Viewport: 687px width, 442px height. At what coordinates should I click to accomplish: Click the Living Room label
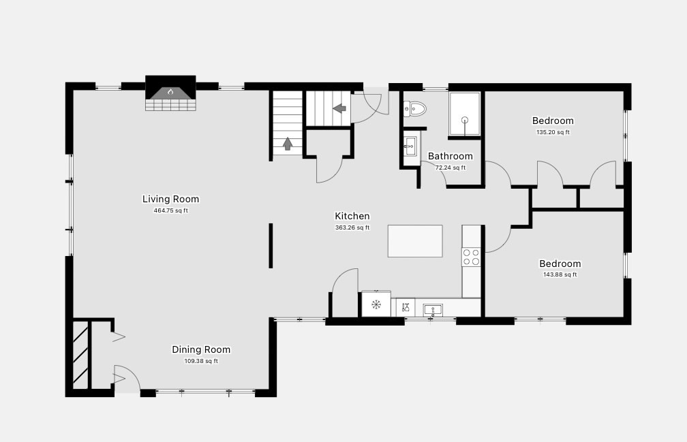pos(170,199)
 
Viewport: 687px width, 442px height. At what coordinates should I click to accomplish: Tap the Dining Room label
pos(201,349)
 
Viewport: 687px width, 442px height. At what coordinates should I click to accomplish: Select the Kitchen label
pos(352,216)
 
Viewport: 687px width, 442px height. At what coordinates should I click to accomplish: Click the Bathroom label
pos(451,156)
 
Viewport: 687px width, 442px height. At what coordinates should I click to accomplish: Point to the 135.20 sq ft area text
pos(553,132)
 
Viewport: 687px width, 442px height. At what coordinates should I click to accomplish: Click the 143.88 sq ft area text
pos(560,275)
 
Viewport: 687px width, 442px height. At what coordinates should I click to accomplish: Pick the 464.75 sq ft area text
pos(170,210)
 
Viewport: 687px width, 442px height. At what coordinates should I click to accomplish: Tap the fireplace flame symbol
pos(170,92)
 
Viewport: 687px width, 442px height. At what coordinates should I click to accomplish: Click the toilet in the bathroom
pos(414,109)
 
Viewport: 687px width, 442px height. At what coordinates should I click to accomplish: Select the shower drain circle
pos(464,119)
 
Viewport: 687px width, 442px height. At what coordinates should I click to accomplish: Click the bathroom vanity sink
pos(410,146)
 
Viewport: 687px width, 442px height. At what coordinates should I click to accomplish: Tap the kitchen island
pos(415,241)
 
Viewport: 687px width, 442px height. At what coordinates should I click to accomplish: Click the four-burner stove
pos(472,257)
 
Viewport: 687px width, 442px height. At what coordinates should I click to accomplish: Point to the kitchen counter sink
pos(433,311)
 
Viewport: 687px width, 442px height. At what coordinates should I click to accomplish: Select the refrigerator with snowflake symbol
pos(376,304)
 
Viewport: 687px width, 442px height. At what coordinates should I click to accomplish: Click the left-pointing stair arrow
pos(339,108)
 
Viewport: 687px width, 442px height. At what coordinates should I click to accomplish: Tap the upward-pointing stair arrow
pos(288,144)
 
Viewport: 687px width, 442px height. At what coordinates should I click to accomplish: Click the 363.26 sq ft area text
pos(352,227)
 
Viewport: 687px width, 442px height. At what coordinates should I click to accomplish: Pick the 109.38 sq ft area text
pos(201,361)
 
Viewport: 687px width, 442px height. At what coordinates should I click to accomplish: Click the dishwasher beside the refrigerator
pos(406,307)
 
